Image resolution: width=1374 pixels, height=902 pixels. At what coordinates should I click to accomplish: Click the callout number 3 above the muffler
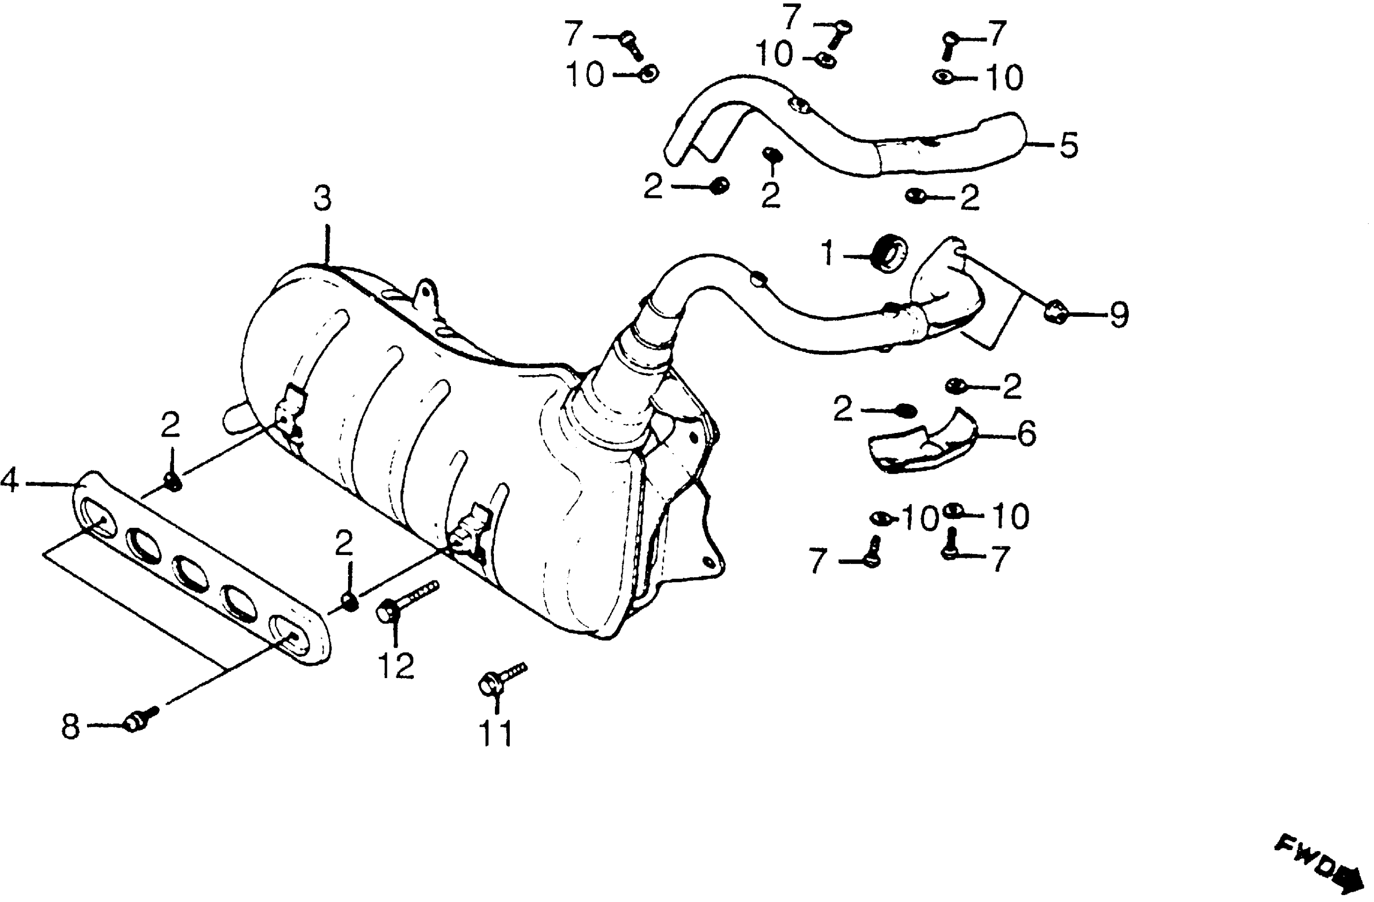point(322,198)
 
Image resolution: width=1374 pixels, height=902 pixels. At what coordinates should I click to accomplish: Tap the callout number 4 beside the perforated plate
point(9,481)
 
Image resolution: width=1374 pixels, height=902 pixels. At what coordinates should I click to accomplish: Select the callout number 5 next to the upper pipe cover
point(1068,145)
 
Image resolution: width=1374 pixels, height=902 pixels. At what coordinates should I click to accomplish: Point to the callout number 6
point(1027,433)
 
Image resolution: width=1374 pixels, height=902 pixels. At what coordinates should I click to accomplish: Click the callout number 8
point(70,727)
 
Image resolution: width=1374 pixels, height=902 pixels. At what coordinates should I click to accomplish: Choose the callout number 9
point(1118,315)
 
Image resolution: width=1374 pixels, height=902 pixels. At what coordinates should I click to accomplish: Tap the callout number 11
point(496,733)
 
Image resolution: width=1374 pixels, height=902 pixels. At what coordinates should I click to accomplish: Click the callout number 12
point(396,666)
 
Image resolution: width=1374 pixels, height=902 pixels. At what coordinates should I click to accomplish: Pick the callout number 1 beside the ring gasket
point(828,254)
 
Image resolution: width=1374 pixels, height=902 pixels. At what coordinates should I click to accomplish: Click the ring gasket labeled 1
point(889,253)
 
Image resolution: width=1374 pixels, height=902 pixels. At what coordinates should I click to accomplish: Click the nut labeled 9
point(1054,313)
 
